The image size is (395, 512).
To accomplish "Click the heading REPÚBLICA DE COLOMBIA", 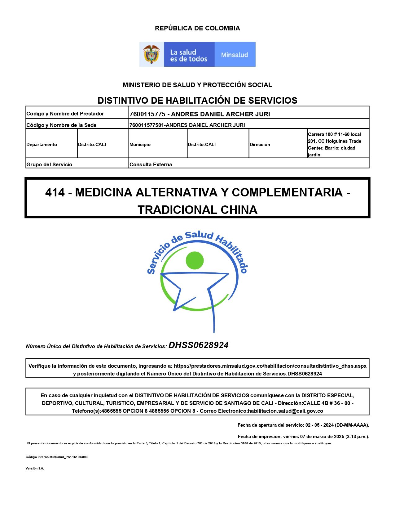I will click(x=197, y=28).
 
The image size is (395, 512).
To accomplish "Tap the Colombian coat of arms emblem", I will click(x=151, y=54).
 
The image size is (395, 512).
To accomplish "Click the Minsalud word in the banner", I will click(x=235, y=55).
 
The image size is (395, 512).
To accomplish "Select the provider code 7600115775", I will click(x=147, y=114).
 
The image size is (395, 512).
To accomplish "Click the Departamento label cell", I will click(x=42, y=145).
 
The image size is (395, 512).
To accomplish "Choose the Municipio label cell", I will click(x=140, y=145).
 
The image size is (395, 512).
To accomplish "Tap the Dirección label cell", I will click(x=260, y=145).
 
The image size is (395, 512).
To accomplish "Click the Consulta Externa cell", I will click(x=151, y=164).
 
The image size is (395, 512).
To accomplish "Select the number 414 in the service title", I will click(x=55, y=193).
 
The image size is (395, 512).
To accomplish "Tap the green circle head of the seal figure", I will click(x=195, y=260).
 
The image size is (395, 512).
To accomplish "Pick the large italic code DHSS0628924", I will click(x=199, y=345).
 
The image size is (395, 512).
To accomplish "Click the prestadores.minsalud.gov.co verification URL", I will click(x=270, y=366).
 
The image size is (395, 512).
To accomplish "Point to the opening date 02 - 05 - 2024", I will click(x=319, y=425).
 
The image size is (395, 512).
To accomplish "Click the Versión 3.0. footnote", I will click(x=35, y=469).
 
